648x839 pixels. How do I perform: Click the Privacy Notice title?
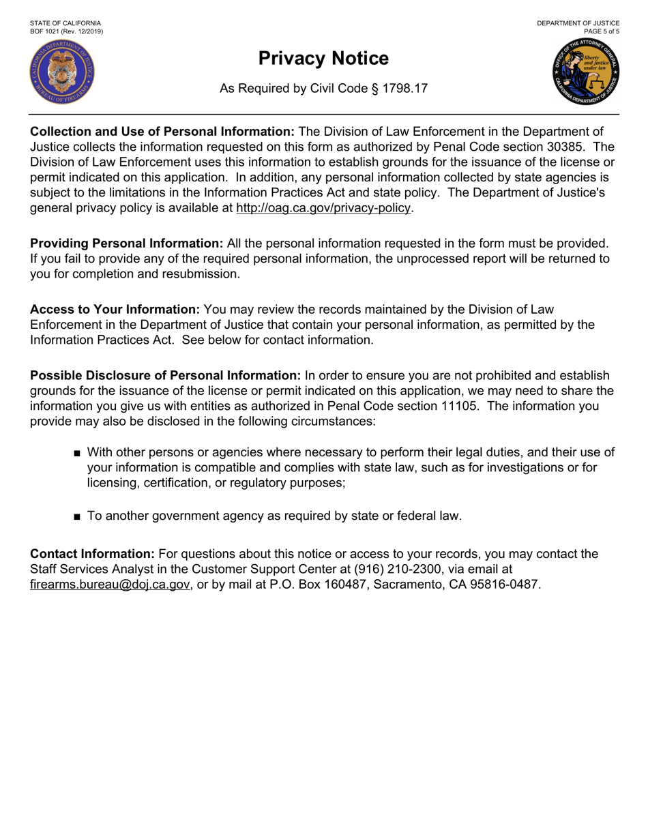pyautogui.click(x=323, y=59)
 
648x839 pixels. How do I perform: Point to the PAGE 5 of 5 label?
pyautogui.click(x=602, y=31)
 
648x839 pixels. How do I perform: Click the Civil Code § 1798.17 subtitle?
pyautogui.click(x=323, y=89)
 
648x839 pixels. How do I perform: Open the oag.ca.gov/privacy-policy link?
pyautogui.click(x=324, y=208)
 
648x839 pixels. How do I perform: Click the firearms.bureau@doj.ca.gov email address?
pyautogui.click(x=110, y=584)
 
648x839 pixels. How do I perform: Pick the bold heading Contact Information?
pyautogui.click(x=93, y=554)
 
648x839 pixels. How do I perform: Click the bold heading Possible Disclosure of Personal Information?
pyautogui.click(x=165, y=376)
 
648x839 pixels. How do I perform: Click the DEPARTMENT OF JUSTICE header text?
pyautogui.click(x=578, y=23)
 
